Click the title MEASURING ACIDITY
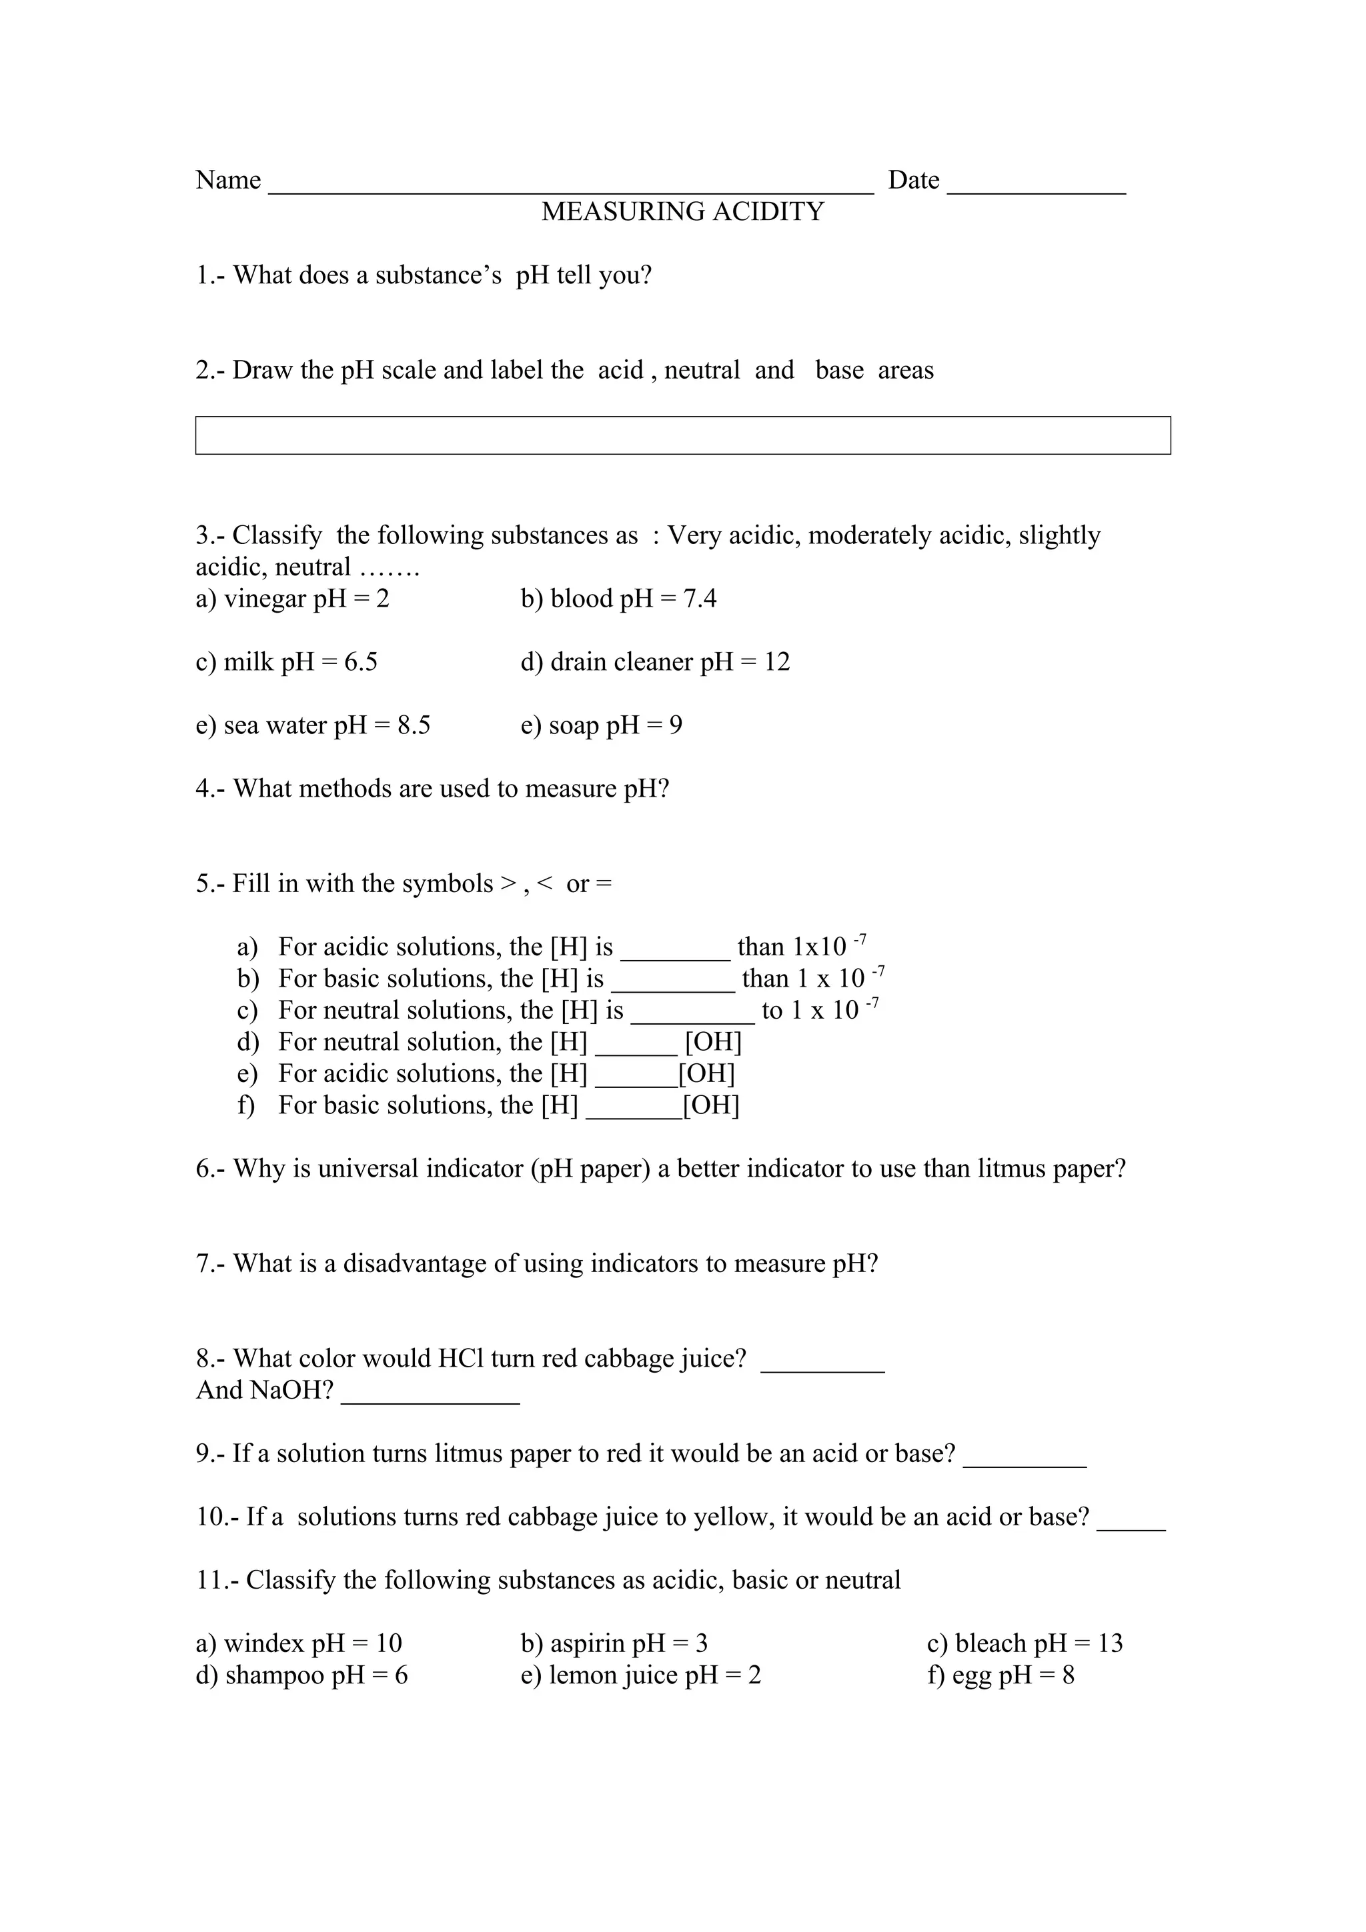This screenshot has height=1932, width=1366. pos(682,211)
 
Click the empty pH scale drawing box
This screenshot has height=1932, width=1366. pos(682,435)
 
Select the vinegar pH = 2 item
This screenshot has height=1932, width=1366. pos(292,599)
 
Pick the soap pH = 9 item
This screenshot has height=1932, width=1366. pos(601,725)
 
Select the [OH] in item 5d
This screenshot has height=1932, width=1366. pos(713,1043)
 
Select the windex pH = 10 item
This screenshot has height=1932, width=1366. pos(299,1643)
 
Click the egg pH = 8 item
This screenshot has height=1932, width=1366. pos(1000,1675)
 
